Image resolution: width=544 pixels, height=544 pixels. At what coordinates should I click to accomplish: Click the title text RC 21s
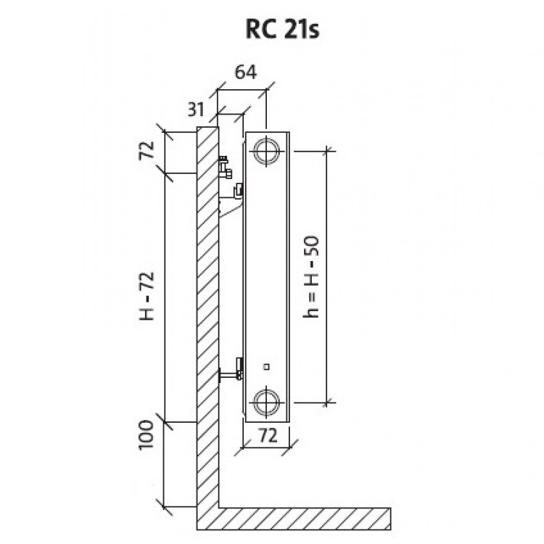click(271, 30)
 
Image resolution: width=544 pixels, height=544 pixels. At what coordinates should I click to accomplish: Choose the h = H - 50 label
click(312, 276)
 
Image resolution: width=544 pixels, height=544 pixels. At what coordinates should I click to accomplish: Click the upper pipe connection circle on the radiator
click(267, 151)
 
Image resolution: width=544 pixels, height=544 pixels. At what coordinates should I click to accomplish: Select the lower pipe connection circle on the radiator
click(267, 400)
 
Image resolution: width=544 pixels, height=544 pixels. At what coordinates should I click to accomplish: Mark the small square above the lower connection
click(267, 367)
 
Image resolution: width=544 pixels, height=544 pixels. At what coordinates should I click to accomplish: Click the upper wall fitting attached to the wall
click(224, 166)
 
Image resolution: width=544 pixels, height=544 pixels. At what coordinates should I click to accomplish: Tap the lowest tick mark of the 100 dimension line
click(165, 506)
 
